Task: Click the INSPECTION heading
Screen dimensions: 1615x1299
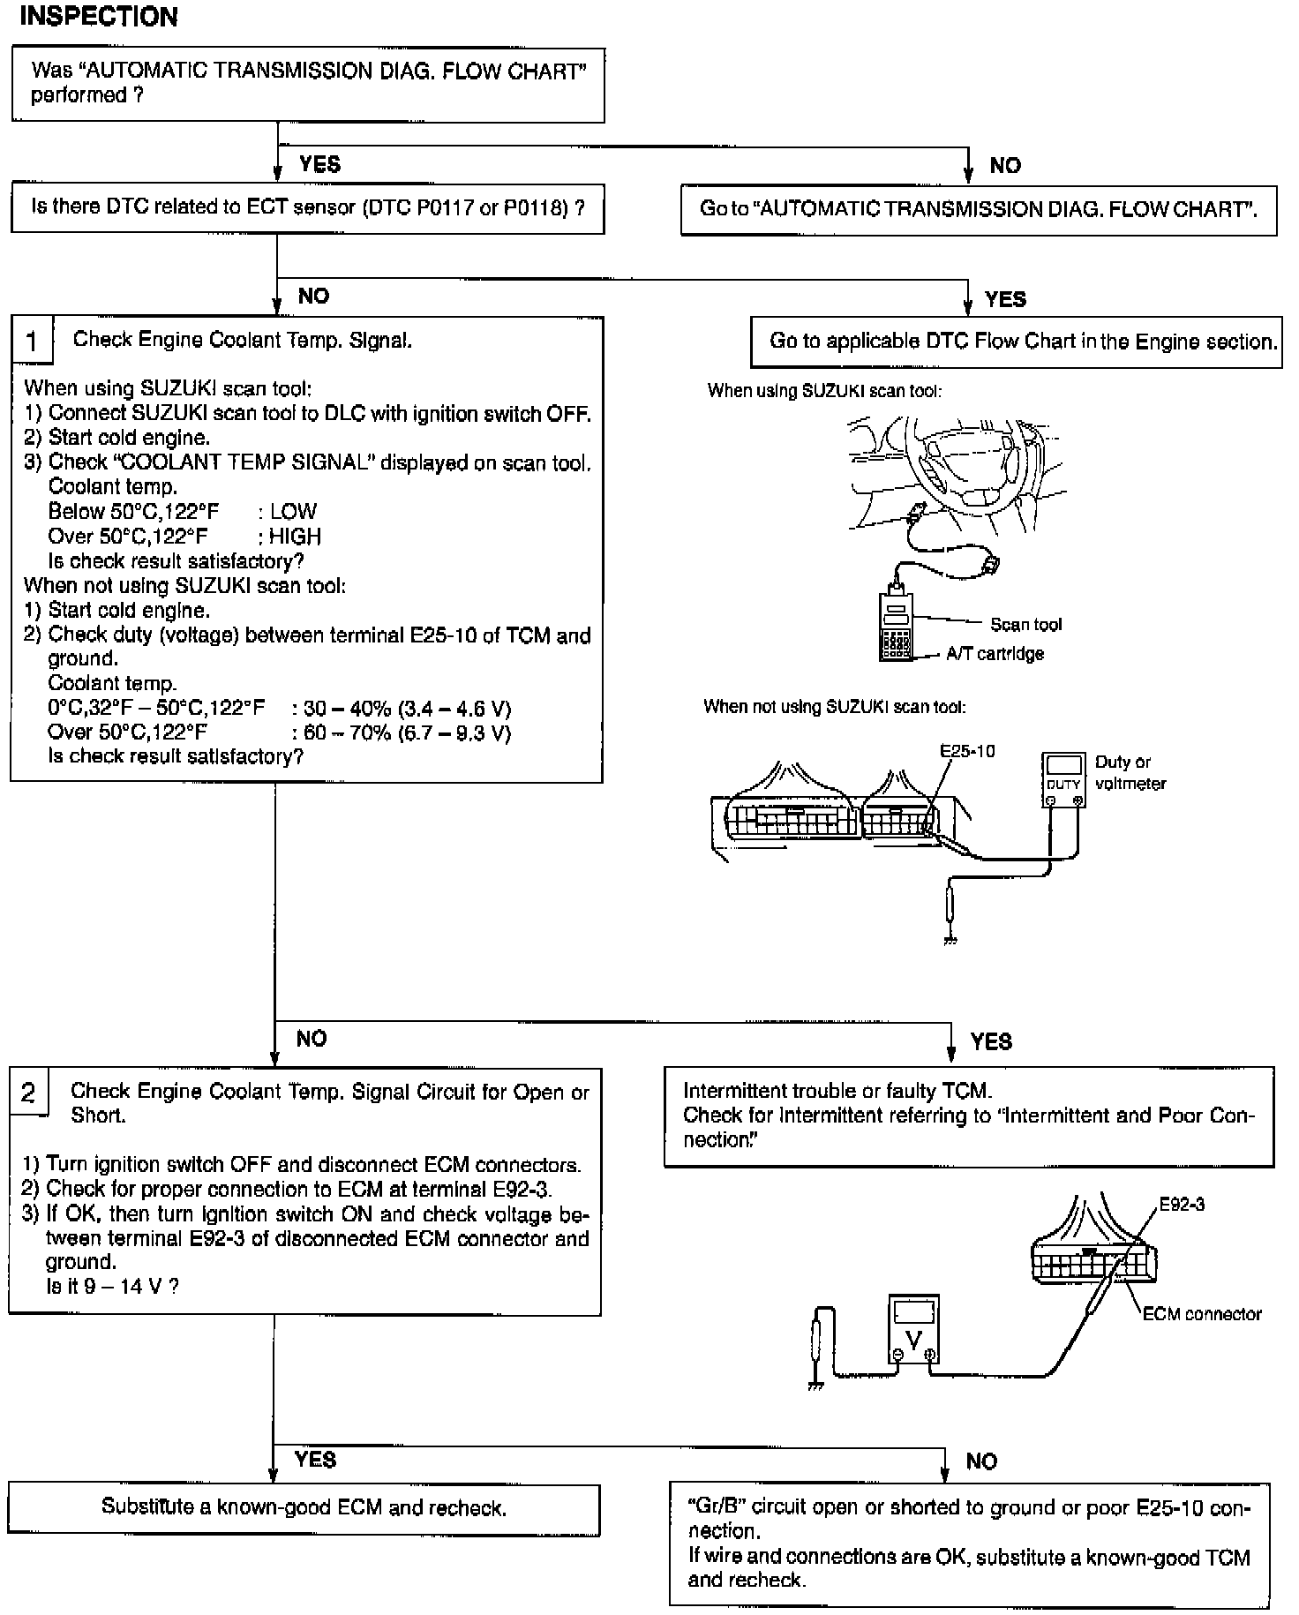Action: (x=99, y=17)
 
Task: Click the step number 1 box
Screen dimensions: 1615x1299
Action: (x=32, y=341)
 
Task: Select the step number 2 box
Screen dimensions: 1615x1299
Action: (x=28, y=1093)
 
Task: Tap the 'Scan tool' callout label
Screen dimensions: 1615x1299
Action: (x=1025, y=625)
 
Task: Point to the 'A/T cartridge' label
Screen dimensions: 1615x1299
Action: (x=995, y=654)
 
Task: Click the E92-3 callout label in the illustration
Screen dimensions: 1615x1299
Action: (x=1182, y=1204)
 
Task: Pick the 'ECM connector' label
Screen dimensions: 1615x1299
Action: (x=1201, y=1314)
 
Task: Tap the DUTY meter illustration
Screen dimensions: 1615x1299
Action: (x=1062, y=779)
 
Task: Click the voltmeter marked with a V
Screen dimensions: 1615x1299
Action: (x=912, y=1329)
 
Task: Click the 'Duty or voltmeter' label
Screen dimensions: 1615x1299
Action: (x=1130, y=772)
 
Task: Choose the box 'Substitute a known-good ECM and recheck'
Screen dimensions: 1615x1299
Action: (x=304, y=1507)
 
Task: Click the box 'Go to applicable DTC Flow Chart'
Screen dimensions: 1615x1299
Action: (x=1016, y=342)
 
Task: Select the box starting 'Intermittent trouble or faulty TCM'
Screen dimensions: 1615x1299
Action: (x=968, y=1115)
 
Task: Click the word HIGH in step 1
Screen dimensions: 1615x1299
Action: (x=295, y=537)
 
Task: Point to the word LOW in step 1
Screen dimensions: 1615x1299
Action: (x=293, y=512)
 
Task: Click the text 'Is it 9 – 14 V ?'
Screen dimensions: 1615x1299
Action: (x=112, y=1286)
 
